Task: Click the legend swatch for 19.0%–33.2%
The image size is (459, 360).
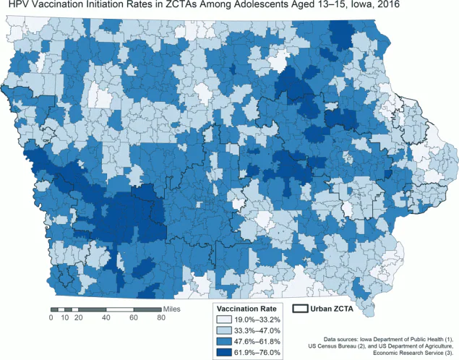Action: point(225,320)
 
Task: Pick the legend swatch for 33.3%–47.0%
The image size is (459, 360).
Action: point(225,330)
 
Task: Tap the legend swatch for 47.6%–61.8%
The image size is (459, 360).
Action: point(225,341)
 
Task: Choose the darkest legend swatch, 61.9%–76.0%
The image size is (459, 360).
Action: point(225,352)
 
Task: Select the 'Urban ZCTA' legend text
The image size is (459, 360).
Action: point(331,308)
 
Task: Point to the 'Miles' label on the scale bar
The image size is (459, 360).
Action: point(171,309)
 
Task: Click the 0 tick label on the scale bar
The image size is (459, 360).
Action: point(51,317)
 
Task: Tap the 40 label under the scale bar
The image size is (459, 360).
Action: point(106,317)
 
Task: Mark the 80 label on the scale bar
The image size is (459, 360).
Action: point(160,317)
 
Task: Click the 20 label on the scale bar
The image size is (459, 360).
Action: point(78,317)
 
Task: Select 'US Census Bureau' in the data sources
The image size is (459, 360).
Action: point(340,346)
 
